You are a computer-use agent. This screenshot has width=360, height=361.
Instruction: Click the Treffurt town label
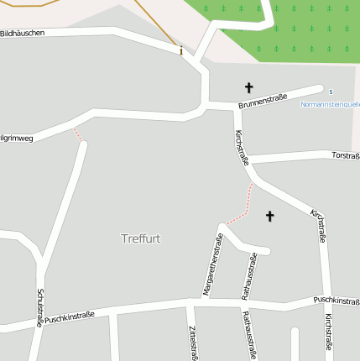(x=140, y=238)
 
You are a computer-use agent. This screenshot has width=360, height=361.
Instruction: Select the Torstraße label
(x=345, y=155)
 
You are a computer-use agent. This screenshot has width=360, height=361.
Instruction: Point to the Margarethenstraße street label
(x=212, y=264)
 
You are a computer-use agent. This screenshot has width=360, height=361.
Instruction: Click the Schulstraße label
(x=39, y=308)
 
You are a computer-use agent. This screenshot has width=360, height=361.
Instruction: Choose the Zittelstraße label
(x=193, y=343)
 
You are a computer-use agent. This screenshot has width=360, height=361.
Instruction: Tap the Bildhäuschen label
(x=23, y=33)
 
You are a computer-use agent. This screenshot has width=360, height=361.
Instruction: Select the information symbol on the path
(x=180, y=50)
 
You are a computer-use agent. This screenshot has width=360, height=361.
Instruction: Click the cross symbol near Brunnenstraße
(x=248, y=87)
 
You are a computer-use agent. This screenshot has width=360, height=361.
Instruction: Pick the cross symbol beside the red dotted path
(x=270, y=217)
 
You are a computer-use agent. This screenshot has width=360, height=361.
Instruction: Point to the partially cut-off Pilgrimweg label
(x=17, y=137)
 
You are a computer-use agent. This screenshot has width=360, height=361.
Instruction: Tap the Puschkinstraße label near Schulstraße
(x=70, y=317)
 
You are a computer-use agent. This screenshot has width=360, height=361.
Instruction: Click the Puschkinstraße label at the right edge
(x=337, y=300)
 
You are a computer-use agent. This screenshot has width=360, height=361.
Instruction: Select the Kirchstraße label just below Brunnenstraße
(x=242, y=147)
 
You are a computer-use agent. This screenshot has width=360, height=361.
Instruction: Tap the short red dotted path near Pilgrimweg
(x=78, y=133)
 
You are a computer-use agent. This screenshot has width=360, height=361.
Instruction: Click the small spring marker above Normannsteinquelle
(x=331, y=92)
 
